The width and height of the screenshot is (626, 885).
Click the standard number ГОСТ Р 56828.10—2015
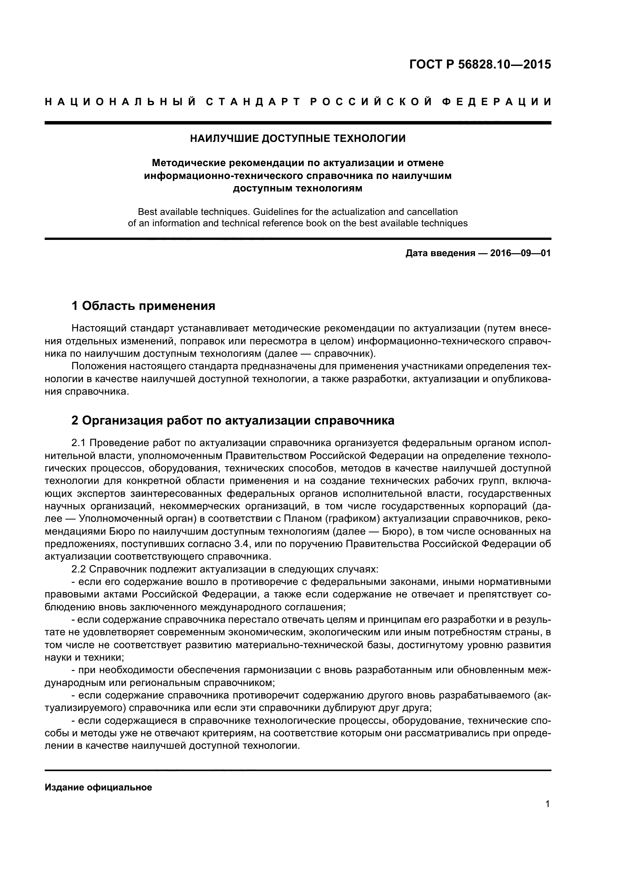pos(480,64)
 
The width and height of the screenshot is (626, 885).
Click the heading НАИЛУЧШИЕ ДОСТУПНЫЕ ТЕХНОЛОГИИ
pos(297,138)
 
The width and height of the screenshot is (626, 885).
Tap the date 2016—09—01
pos(520,253)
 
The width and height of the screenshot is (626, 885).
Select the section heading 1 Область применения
pos(143,306)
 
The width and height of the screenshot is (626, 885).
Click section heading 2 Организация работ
pos(233,420)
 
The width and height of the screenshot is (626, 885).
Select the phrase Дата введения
pos(440,253)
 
